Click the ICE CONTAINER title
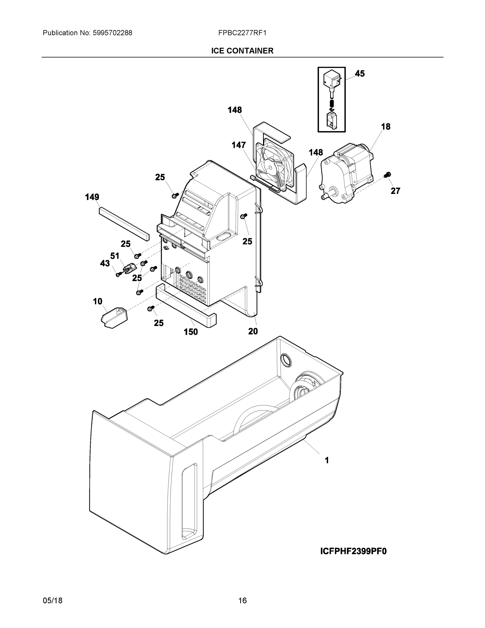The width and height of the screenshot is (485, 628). coord(242,51)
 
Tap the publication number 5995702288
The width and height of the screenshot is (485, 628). coord(112,33)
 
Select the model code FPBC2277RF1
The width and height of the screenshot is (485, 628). coord(242,33)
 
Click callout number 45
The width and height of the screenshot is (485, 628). coord(360,74)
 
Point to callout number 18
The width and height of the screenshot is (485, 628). coord(386,127)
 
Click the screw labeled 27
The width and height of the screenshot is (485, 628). coord(387,174)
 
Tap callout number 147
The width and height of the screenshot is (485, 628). coord(239,145)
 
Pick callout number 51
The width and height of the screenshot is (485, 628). coord(115,256)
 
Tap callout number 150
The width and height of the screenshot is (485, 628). coord(191,332)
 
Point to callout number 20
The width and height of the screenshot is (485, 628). coord(253,331)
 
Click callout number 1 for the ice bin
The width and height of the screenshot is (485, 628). coord(327,460)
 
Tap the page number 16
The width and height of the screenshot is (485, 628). coord(242,601)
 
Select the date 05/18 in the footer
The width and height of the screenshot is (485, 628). coord(53,601)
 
